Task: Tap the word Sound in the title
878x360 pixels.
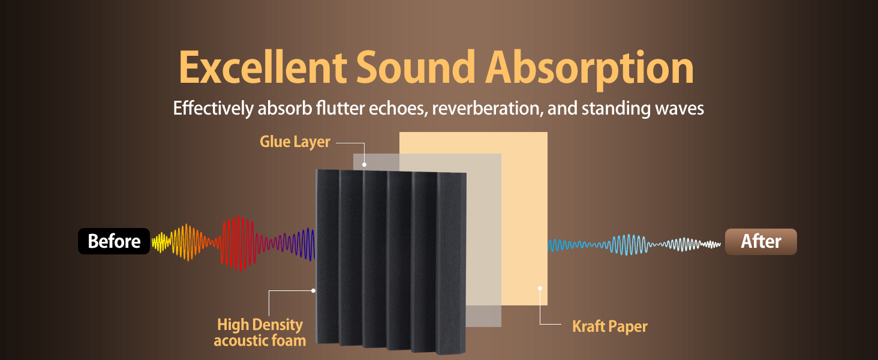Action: pos(416,67)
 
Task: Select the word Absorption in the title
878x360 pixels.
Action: pos(590,70)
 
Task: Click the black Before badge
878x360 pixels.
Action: pos(114,241)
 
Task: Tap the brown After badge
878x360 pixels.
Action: pos(761,242)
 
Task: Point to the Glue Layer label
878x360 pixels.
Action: pos(294,142)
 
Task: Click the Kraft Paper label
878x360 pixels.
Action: pos(609,326)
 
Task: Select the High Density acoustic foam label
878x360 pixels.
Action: pos(260,332)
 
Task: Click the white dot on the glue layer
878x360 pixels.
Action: pos(364,165)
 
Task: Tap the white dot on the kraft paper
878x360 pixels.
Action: pos(540,288)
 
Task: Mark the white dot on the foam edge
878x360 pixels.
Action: pos(313,290)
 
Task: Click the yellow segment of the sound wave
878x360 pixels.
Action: pos(161,242)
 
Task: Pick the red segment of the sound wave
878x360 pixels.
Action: pos(237,243)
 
